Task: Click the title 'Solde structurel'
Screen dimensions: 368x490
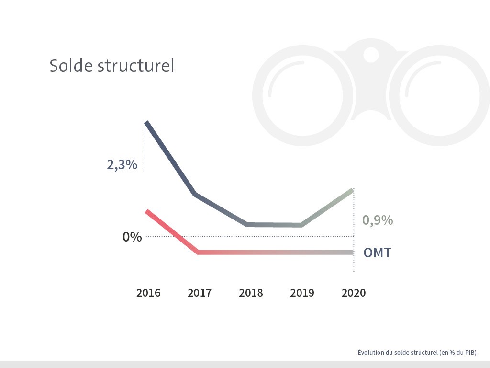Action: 111,66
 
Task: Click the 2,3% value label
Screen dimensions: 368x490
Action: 122,165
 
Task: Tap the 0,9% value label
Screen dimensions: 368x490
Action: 378,220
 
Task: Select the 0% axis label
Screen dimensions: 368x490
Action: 132,237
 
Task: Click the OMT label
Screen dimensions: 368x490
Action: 377,253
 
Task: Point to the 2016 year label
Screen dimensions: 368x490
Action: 148,293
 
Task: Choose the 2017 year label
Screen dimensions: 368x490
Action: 200,293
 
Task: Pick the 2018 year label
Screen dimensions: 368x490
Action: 251,293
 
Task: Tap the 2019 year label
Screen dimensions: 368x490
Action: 302,293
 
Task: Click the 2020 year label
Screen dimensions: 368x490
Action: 353,293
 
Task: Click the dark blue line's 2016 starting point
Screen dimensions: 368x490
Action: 146,123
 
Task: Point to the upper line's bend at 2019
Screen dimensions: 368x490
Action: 301,225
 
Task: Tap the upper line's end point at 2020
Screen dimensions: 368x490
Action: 352,190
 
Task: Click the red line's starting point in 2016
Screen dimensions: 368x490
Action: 147,211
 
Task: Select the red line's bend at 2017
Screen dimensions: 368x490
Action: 198,252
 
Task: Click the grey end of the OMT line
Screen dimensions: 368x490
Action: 351,253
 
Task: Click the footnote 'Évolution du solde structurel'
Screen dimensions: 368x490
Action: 417,352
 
